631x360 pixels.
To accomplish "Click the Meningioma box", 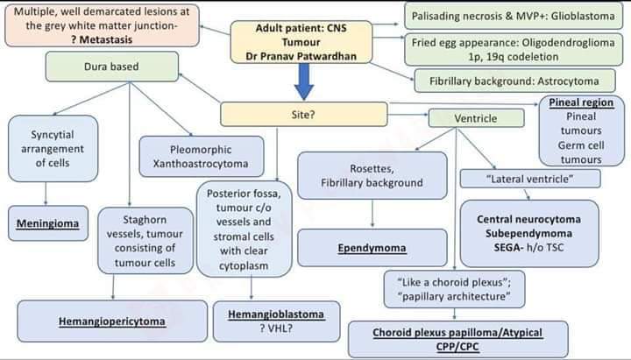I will (x=47, y=223).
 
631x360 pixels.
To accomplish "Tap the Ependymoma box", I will (x=372, y=249).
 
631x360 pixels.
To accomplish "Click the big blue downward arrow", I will (x=303, y=86).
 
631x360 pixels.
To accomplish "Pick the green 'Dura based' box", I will (x=110, y=67).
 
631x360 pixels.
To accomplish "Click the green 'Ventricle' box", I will (x=476, y=118).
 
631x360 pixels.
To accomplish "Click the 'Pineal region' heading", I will (x=581, y=102).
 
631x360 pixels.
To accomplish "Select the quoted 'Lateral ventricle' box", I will (x=529, y=179).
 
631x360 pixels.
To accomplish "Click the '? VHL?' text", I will (x=275, y=328).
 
